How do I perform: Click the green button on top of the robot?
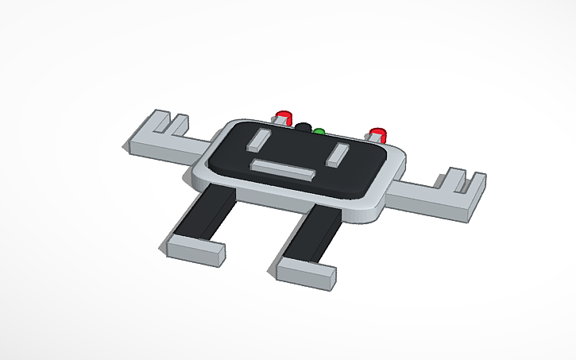tap(319, 133)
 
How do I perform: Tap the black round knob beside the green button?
tap(303, 127)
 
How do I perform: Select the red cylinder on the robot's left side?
tap(283, 116)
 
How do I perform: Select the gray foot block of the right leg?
tap(306, 273)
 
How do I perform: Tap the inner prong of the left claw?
tap(180, 123)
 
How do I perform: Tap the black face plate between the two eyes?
tap(298, 151)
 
